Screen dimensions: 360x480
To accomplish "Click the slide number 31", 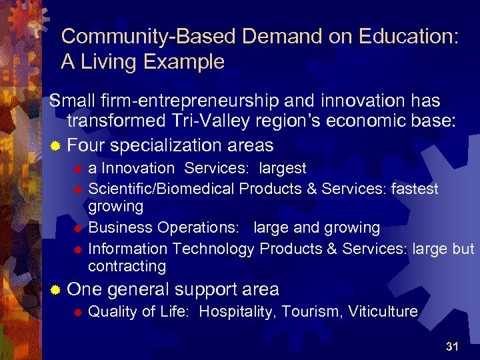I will coord(452,346).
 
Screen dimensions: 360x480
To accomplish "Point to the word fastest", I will coord(413,189).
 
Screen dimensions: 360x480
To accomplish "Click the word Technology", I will coord(213,249).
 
